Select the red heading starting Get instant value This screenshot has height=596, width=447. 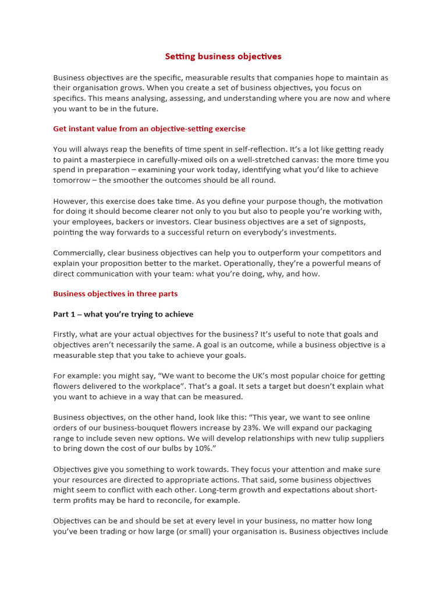pos(149,129)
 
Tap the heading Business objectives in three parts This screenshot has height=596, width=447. pos(115,294)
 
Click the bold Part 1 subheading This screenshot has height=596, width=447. pos(123,314)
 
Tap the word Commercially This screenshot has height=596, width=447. pos(78,253)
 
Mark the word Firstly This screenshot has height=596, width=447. pos(68,334)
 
